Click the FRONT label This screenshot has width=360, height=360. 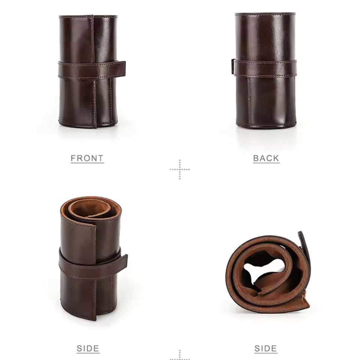(x=87, y=158)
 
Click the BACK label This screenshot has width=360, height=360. (x=266, y=158)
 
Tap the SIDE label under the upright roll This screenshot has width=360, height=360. (x=88, y=348)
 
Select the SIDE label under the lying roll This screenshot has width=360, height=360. (x=265, y=348)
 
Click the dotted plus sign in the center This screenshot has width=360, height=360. (x=180, y=169)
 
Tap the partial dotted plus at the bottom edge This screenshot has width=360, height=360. (x=180, y=355)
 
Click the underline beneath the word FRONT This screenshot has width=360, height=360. (x=87, y=163)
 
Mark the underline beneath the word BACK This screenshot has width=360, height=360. (x=266, y=163)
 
